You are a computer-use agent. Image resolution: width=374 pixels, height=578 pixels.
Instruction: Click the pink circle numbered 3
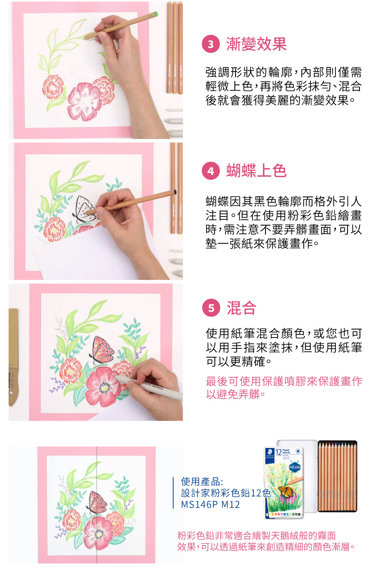tap(211, 44)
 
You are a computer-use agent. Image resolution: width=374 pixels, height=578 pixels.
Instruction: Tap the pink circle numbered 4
tap(211, 171)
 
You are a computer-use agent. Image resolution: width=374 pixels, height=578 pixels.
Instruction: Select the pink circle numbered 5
tap(211, 308)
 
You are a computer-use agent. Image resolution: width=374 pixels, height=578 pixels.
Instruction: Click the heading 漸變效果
tap(256, 44)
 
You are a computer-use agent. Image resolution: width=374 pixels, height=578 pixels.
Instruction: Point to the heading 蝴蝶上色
tap(256, 171)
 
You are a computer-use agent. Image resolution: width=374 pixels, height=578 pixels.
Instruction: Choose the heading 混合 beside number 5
tap(241, 308)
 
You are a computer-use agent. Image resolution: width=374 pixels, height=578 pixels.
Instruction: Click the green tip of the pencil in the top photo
tap(155, 14)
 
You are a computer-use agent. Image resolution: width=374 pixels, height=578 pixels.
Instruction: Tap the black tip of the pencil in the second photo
tap(175, 192)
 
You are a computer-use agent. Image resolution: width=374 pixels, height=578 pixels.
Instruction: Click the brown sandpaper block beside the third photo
tap(13, 357)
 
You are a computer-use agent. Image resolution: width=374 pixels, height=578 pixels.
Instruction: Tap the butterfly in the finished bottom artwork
tap(97, 503)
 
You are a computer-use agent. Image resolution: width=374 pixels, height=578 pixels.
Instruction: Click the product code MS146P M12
tap(210, 505)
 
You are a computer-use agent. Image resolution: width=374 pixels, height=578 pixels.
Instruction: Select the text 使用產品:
tap(202, 482)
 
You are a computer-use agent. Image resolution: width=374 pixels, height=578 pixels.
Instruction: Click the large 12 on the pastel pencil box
tap(279, 453)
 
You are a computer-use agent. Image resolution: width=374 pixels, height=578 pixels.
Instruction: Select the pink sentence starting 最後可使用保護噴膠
tap(284, 388)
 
